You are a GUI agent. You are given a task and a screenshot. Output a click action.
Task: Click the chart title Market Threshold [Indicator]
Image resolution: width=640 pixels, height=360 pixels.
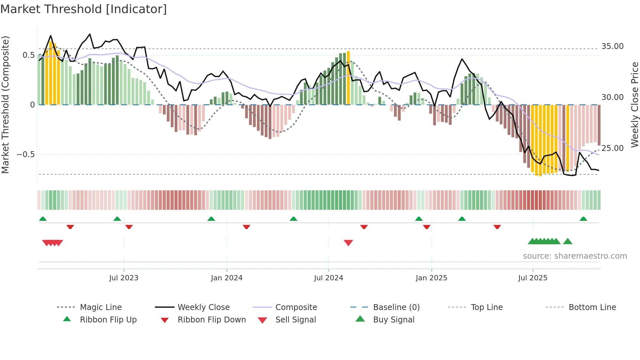point(84,9)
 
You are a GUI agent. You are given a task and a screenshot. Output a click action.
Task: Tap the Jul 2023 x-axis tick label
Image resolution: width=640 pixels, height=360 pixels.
point(124,278)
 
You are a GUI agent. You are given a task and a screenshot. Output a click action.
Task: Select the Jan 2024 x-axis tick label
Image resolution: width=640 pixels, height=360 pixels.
point(227,278)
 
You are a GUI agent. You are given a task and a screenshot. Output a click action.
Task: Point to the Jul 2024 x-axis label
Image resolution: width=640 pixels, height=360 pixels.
point(328,278)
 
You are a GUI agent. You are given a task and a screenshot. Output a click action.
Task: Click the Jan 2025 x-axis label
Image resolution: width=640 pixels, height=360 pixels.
point(431,278)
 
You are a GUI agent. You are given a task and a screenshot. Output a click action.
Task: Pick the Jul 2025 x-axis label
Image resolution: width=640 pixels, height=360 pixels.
point(533,278)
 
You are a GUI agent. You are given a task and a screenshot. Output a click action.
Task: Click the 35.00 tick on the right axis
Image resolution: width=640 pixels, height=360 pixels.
point(612,46)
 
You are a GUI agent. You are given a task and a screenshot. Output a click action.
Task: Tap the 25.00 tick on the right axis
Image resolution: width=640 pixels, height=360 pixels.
point(612,148)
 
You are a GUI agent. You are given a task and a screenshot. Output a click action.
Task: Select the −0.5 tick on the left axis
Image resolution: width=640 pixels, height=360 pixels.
point(26,154)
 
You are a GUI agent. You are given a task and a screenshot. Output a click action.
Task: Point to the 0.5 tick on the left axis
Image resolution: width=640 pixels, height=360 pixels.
point(28,55)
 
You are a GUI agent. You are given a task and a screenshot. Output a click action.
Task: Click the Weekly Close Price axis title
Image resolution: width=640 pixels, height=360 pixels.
point(634,105)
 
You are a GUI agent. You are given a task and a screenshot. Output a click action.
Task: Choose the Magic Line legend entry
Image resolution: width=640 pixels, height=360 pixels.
point(101,307)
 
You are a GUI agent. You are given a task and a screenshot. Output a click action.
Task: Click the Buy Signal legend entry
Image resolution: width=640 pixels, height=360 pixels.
point(393,320)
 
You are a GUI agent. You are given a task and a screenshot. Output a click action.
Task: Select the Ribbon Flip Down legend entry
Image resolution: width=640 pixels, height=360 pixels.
point(212,320)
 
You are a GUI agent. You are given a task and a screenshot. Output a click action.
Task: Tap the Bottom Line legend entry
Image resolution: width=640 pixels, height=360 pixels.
point(592,307)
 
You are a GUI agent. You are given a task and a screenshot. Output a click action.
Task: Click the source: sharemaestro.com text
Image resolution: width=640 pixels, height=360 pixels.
point(575,256)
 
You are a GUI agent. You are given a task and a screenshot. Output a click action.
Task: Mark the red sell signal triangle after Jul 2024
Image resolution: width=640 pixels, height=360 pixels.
point(348,243)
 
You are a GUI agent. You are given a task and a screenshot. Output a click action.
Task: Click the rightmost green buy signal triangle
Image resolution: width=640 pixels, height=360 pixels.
point(568,241)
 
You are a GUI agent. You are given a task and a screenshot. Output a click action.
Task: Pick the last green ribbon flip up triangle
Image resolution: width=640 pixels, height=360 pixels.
point(583,219)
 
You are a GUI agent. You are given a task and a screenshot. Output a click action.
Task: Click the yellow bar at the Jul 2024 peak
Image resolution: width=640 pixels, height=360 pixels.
point(348,78)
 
